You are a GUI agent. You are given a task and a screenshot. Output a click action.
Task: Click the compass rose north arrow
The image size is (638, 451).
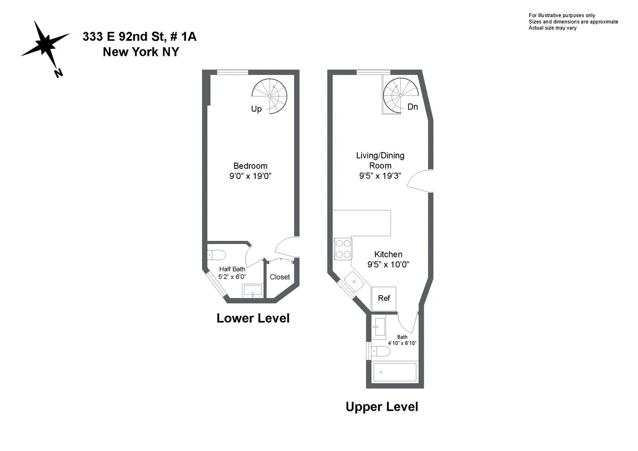coord(45,46)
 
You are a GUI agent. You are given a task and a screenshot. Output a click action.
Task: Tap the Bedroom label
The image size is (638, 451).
coord(250,166)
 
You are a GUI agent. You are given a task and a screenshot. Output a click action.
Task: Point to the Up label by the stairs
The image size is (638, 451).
coord(256,109)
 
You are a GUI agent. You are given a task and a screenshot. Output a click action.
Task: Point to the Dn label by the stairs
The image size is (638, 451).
coord(413,107)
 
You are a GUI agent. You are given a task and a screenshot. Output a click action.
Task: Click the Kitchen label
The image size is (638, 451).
coord(388,254)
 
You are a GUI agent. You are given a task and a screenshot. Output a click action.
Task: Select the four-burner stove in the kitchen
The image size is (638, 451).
coord(343,249)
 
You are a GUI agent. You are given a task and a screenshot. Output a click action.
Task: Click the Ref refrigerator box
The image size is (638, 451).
coord(384,298)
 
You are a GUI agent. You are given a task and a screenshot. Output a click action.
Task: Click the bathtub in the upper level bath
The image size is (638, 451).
coord(395,373)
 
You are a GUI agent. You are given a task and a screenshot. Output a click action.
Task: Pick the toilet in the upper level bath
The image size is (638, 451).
coord(380,351)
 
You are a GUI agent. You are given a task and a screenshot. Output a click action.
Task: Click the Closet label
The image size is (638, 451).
coord(280,277)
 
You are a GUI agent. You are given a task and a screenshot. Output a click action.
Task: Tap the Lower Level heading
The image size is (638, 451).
coord(253,318)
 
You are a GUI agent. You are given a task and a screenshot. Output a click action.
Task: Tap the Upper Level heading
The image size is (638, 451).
coord(382,407)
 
